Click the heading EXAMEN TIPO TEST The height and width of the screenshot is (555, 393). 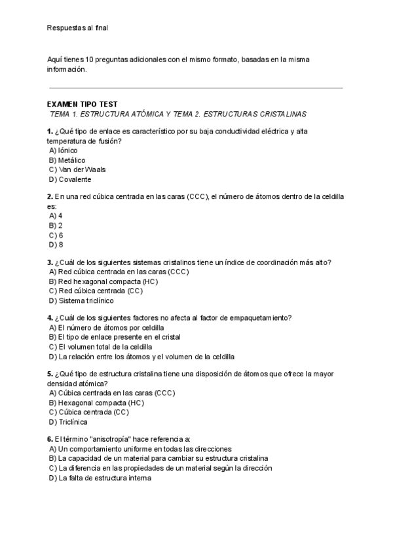(x=83, y=104)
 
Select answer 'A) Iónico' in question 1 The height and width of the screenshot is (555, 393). (x=63, y=150)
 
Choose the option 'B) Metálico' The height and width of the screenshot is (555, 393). (x=67, y=160)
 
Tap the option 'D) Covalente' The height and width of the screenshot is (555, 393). (x=69, y=179)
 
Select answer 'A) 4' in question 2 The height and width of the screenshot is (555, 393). (x=56, y=215)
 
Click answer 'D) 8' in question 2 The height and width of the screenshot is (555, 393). (x=56, y=245)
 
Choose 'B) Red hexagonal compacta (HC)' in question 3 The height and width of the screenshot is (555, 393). (x=103, y=281)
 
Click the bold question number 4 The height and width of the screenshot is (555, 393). (x=50, y=317)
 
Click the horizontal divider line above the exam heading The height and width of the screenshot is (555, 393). (x=196, y=87)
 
